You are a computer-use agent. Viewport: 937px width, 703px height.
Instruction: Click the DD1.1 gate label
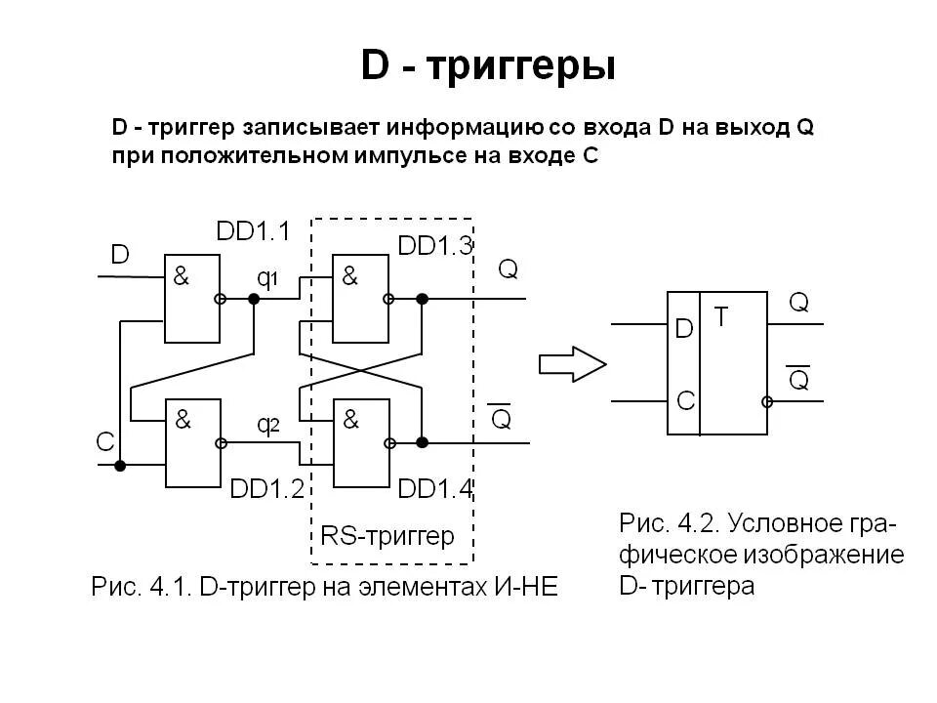tap(253, 231)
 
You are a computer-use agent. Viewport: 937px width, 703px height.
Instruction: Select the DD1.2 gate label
tap(268, 488)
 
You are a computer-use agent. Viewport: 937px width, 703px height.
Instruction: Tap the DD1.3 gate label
tap(435, 246)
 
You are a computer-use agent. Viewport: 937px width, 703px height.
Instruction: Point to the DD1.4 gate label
tap(435, 488)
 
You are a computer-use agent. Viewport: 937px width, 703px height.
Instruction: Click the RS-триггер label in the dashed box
tap(387, 536)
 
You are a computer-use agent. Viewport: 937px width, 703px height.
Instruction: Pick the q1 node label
tap(267, 278)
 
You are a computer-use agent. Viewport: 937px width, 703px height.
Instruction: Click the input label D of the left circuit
tap(119, 256)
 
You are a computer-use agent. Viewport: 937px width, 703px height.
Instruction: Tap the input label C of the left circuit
tap(105, 442)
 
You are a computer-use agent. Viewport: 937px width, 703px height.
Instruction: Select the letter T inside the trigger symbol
tap(720, 316)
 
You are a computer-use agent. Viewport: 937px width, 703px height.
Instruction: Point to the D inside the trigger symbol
tap(684, 329)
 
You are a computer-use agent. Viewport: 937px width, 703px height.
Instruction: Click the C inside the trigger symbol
tap(685, 400)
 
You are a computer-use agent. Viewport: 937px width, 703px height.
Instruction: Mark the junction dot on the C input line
tap(120, 466)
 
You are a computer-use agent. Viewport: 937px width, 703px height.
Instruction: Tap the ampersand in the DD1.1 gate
tap(182, 276)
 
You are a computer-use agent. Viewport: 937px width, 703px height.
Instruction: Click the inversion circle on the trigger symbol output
tap(768, 401)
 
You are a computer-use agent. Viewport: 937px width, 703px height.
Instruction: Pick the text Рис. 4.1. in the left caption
tap(140, 588)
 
